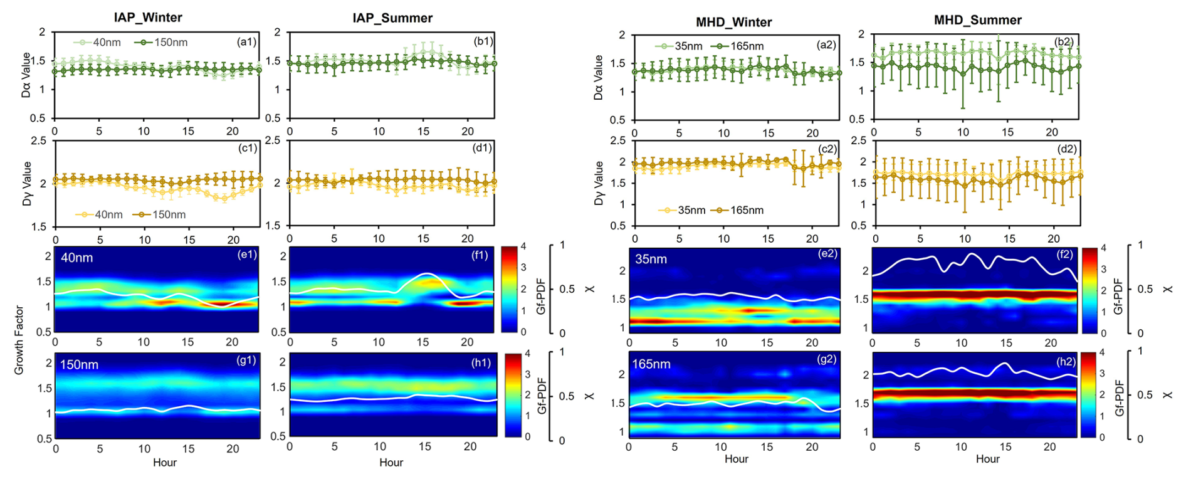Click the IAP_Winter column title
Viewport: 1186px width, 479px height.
click(148, 17)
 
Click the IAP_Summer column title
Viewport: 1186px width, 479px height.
click(392, 18)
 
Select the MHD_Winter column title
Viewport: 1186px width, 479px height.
click(733, 22)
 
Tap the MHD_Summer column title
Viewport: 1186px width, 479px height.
click(977, 20)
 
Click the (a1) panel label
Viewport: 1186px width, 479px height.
click(246, 41)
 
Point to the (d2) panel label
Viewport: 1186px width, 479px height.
click(1066, 149)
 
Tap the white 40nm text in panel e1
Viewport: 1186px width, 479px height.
click(76, 257)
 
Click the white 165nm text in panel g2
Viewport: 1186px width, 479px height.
click(651, 364)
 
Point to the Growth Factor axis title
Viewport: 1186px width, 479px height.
click(19, 340)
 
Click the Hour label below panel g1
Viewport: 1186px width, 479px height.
click(165, 462)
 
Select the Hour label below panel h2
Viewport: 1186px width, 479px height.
click(987, 459)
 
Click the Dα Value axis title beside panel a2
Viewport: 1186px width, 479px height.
click(598, 77)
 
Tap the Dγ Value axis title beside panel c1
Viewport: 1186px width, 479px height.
click(27, 183)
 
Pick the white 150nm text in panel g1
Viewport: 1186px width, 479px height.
click(79, 364)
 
